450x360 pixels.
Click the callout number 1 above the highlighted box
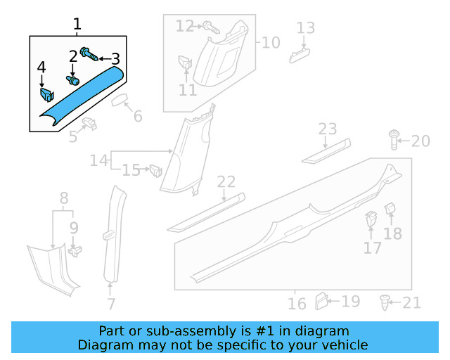click(77, 25)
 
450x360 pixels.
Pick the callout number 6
click(138, 116)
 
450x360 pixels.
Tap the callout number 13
click(305, 28)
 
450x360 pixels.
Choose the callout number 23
click(328, 129)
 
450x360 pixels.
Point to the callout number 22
click(226, 182)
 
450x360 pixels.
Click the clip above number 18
click(392, 210)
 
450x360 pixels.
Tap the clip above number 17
click(371, 220)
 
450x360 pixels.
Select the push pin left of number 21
click(384, 303)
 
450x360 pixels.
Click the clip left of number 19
click(321, 301)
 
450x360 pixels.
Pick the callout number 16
click(297, 303)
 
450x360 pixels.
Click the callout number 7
click(110, 304)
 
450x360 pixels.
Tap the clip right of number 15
click(155, 169)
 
